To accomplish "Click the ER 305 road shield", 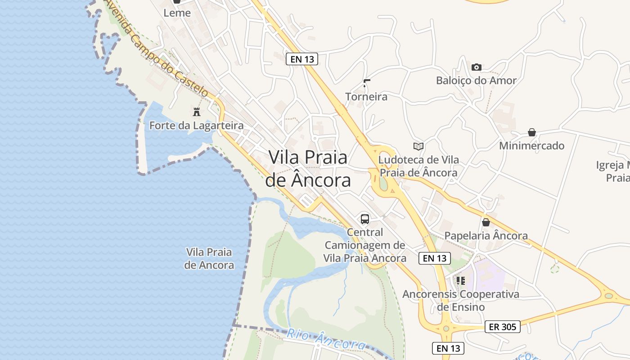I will pyautogui.click(x=503, y=327).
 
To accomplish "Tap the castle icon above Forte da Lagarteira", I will pyautogui.click(x=197, y=112).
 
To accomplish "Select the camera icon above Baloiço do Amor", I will pyautogui.click(x=476, y=67).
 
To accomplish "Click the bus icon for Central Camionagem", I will pyautogui.click(x=365, y=219).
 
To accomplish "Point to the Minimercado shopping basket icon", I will pyautogui.click(x=532, y=132).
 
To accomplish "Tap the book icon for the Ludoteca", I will pyautogui.click(x=418, y=146).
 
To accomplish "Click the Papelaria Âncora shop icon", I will pyautogui.click(x=486, y=222).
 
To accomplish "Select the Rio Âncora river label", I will pyautogui.click(x=326, y=340).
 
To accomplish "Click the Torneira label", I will pyautogui.click(x=366, y=96).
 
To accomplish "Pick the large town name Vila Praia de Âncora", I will pyautogui.click(x=308, y=168).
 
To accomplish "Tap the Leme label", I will pyautogui.click(x=177, y=13).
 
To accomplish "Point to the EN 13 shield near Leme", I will pyautogui.click(x=302, y=58).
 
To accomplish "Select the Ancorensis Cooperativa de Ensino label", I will pyautogui.click(x=461, y=301).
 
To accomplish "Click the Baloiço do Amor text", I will pyautogui.click(x=476, y=81).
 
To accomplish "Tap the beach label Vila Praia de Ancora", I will pyautogui.click(x=209, y=258).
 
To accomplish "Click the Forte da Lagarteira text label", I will pyautogui.click(x=196, y=126).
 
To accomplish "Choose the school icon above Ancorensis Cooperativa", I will pyautogui.click(x=461, y=281).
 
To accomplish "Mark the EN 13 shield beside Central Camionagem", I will pyautogui.click(x=435, y=258).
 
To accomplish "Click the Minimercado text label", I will pyautogui.click(x=531, y=146).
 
